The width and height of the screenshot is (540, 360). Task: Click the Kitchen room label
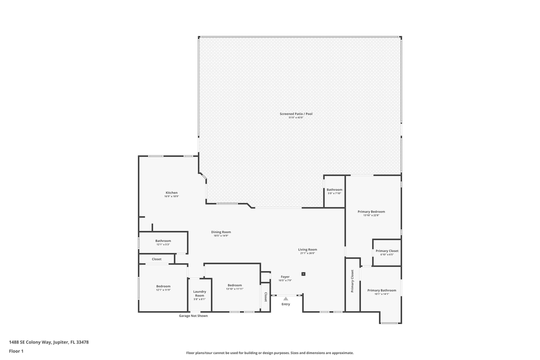(171, 193)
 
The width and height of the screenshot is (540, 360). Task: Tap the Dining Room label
(220, 232)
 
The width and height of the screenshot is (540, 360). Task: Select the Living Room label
(307, 249)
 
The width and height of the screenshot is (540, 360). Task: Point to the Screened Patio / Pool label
(296, 114)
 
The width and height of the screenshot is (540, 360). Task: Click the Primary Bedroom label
(371, 211)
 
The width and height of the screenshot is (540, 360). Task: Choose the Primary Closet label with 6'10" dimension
(387, 251)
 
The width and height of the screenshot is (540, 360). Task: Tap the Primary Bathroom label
(381, 290)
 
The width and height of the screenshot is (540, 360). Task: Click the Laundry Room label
(199, 293)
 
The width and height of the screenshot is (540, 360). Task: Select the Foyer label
(285, 276)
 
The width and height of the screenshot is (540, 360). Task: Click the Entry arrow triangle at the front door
(285, 298)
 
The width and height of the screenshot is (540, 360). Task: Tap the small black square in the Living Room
(303, 274)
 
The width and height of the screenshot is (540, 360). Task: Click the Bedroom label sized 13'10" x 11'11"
(234, 285)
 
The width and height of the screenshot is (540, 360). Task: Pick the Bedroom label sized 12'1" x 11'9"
(163, 286)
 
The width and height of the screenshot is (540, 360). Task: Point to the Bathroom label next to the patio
(334, 189)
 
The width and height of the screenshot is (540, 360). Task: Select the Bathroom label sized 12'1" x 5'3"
(163, 240)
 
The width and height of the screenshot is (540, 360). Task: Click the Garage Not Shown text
(193, 315)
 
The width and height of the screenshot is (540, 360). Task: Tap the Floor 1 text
(16, 351)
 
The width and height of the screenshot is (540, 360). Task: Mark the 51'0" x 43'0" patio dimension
(296, 117)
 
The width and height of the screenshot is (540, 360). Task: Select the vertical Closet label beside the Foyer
(265, 297)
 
